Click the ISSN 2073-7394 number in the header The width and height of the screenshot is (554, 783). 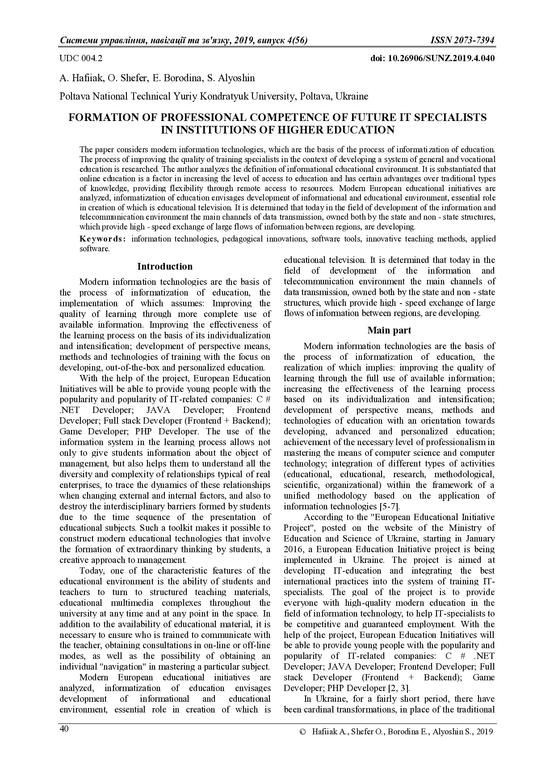coord(462,41)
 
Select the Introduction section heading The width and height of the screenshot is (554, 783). coord(165,267)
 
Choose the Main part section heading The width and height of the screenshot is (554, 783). coord(389,330)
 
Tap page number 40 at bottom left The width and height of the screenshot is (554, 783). coord(64,729)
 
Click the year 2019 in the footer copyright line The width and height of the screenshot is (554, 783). coord(484,732)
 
